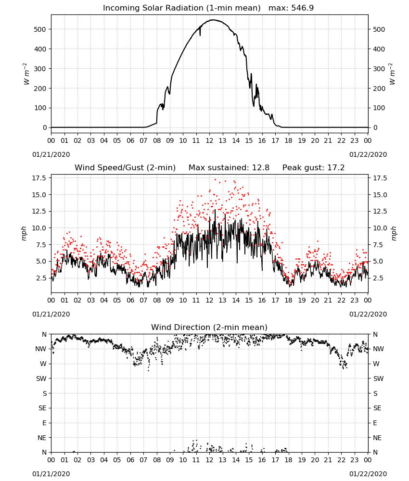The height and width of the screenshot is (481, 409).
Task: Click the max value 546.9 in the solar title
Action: click(302, 8)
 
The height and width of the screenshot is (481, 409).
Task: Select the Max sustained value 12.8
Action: click(260, 167)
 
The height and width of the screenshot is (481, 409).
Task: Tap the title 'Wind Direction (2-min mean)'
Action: click(209, 327)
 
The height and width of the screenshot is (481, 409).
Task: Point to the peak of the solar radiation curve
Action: click(213, 20)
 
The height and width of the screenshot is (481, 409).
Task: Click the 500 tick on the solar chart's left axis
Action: click(40, 29)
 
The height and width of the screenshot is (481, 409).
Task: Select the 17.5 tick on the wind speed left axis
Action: click(39, 178)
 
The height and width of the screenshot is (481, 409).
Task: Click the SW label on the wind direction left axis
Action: click(41, 379)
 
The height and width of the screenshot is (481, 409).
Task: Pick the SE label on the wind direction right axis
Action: click(377, 408)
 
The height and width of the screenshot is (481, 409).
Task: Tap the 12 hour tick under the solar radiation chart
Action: click(209, 140)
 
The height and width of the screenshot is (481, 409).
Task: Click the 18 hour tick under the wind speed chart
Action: click(288, 300)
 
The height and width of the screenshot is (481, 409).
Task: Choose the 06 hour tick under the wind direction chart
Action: click(130, 460)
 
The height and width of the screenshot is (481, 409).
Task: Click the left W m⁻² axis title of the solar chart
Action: click(26, 74)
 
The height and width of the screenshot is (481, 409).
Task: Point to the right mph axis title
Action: click(394, 233)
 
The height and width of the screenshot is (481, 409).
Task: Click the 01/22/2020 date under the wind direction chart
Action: click(368, 474)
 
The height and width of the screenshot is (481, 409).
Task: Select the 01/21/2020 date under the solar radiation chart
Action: click(51, 154)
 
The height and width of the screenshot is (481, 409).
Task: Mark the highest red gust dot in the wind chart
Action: click(215, 179)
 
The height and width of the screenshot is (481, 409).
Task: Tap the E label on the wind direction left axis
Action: click(44, 423)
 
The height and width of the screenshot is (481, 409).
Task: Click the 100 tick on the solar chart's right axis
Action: click(379, 108)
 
